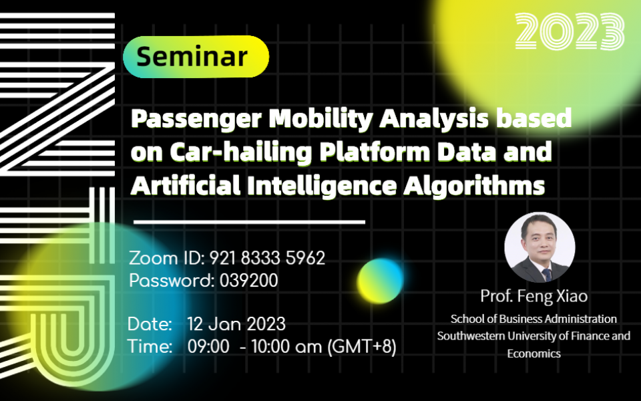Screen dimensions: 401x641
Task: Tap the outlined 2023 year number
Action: click(x=570, y=31)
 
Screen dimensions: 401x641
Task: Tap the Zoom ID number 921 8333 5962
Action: click(x=267, y=258)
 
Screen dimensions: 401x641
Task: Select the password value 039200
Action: click(x=248, y=281)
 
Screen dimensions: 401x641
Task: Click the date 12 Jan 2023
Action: click(x=236, y=324)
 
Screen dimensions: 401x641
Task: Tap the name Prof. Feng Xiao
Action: click(x=534, y=295)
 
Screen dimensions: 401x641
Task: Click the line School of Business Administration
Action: click(x=533, y=319)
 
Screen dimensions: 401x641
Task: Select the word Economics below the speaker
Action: click(x=533, y=354)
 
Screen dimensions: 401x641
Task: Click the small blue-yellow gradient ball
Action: click(x=380, y=279)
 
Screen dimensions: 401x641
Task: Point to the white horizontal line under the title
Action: click(x=249, y=221)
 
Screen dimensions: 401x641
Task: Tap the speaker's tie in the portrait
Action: click(x=546, y=274)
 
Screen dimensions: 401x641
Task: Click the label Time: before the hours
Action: click(x=150, y=347)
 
